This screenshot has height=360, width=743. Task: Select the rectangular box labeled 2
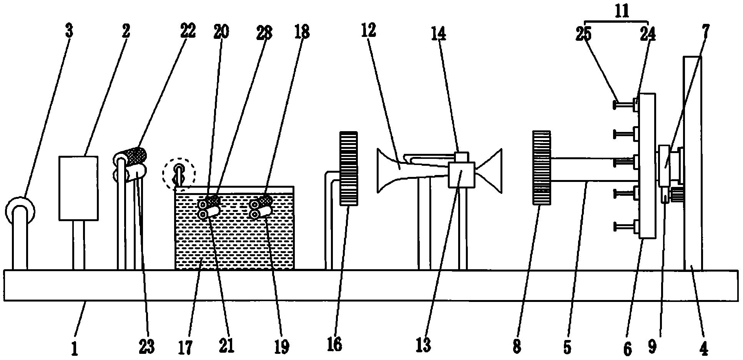tap(78, 188)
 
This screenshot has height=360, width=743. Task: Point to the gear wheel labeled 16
tap(349, 168)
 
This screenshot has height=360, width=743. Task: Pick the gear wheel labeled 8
tap(541, 168)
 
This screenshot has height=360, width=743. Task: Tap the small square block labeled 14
tap(462, 157)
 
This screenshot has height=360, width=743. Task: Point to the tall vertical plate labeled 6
tap(648, 166)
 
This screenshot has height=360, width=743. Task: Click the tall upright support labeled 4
tap(693, 163)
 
